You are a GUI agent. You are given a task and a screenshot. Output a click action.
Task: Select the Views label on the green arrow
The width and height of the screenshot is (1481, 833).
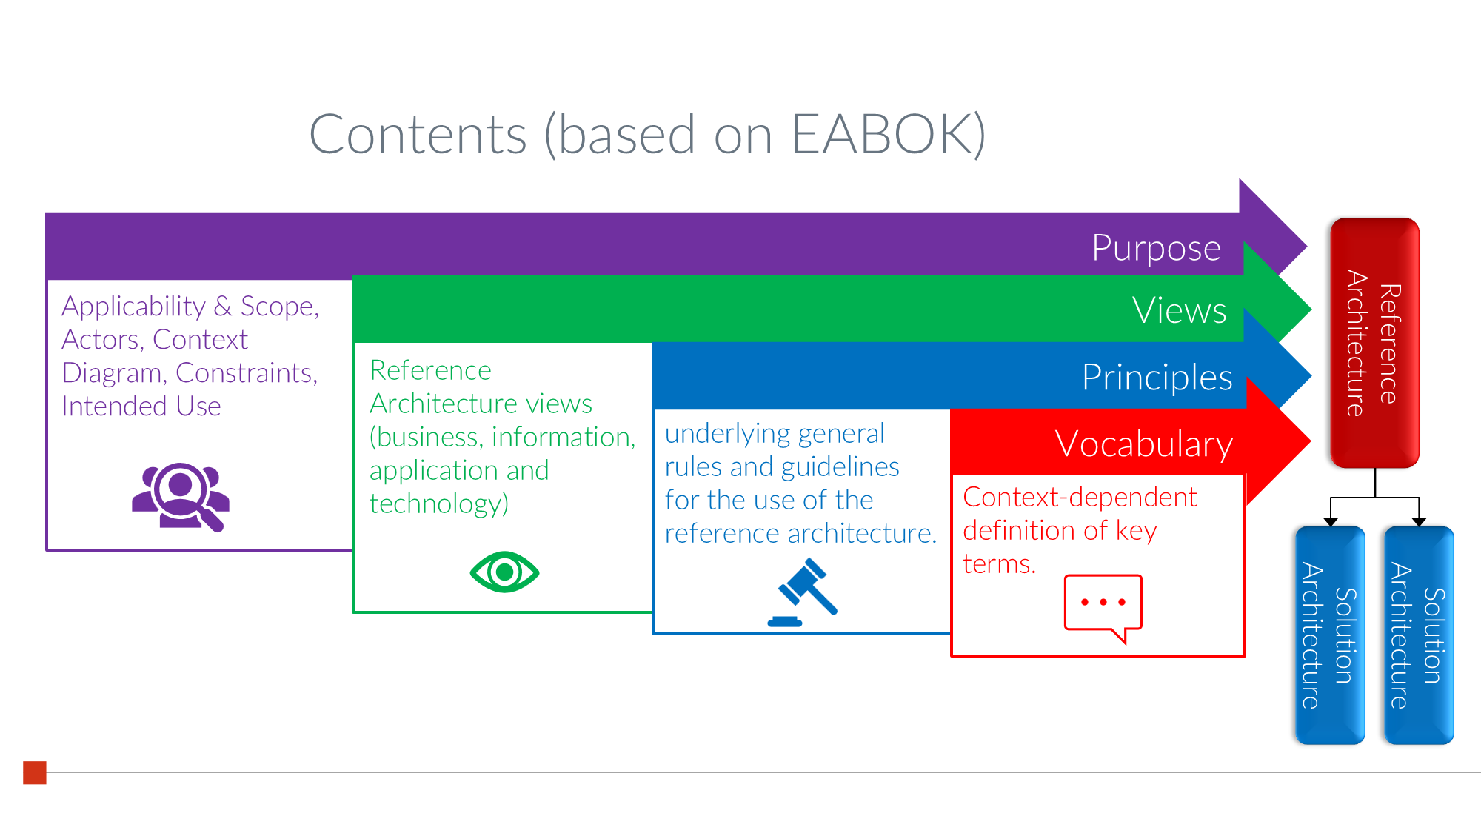pyautogui.click(x=1179, y=310)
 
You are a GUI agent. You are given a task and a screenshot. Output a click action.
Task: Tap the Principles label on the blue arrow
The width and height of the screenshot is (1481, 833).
pyautogui.click(x=1157, y=378)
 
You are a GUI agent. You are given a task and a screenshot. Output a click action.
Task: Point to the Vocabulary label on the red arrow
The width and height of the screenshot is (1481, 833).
pyautogui.click(x=1143, y=445)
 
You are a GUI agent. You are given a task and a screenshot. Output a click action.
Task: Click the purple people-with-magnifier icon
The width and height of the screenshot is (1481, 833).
pyautogui.click(x=181, y=496)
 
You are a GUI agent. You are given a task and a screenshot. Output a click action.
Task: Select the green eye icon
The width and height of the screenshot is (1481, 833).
pyautogui.click(x=504, y=572)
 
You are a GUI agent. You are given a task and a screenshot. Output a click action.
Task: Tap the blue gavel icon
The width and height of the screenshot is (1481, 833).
pyautogui.click(x=803, y=592)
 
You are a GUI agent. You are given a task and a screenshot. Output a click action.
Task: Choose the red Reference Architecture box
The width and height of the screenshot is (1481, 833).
pyautogui.click(x=1374, y=343)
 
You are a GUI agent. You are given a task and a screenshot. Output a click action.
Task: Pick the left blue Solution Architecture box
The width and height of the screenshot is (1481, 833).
pyautogui.click(x=1330, y=635)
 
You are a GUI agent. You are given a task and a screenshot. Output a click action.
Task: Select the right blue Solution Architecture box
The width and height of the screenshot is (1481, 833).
pyautogui.click(x=1419, y=635)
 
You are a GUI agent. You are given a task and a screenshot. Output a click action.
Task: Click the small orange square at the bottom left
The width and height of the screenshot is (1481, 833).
pyautogui.click(x=35, y=772)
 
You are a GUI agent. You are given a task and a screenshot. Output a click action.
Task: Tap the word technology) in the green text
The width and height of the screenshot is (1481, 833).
pyautogui.click(x=439, y=504)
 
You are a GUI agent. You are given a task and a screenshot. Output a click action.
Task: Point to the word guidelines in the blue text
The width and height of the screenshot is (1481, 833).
pyautogui.click(x=840, y=467)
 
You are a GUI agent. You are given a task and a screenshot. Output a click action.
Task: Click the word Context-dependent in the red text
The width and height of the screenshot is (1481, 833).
pyautogui.click(x=1080, y=498)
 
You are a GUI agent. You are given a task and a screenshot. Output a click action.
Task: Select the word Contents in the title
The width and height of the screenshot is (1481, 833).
pyautogui.click(x=418, y=135)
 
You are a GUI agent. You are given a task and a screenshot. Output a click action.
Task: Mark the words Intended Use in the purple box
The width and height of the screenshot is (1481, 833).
pyautogui.click(x=141, y=407)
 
